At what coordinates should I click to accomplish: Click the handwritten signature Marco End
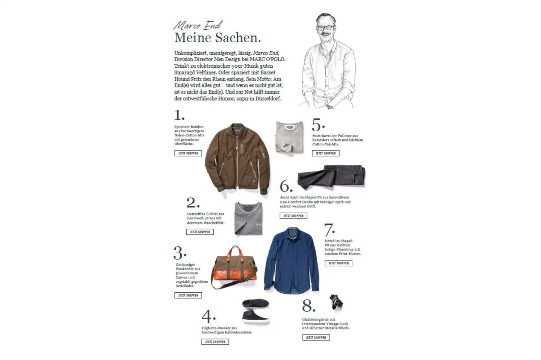(x=198, y=25)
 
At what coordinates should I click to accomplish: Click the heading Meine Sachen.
(x=217, y=38)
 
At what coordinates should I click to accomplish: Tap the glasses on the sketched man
(x=325, y=28)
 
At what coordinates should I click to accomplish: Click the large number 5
(x=317, y=125)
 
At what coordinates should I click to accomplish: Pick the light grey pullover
(x=289, y=138)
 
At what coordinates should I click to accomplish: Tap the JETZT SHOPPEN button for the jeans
(x=293, y=216)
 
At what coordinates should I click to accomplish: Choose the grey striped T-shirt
(x=248, y=218)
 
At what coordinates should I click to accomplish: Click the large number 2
(x=192, y=203)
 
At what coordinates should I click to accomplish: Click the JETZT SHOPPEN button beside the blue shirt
(x=338, y=263)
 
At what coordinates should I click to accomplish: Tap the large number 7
(x=329, y=230)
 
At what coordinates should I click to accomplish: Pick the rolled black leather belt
(x=336, y=302)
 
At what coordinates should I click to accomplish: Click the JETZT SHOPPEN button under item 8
(x=316, y=337)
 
